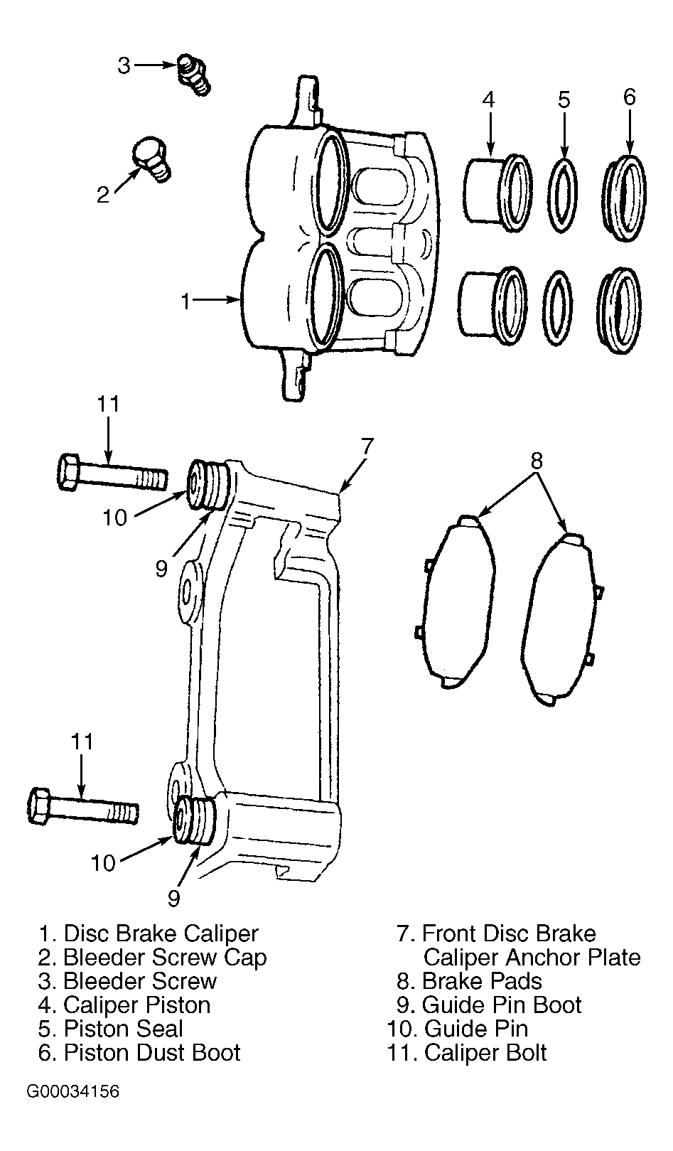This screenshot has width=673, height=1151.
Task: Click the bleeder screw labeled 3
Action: tap(194, 75)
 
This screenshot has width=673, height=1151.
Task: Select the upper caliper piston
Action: tap(497, 190)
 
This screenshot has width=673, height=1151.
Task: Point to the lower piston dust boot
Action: tap(620, 310)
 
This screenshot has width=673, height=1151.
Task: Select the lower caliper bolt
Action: tap(83, 812)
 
